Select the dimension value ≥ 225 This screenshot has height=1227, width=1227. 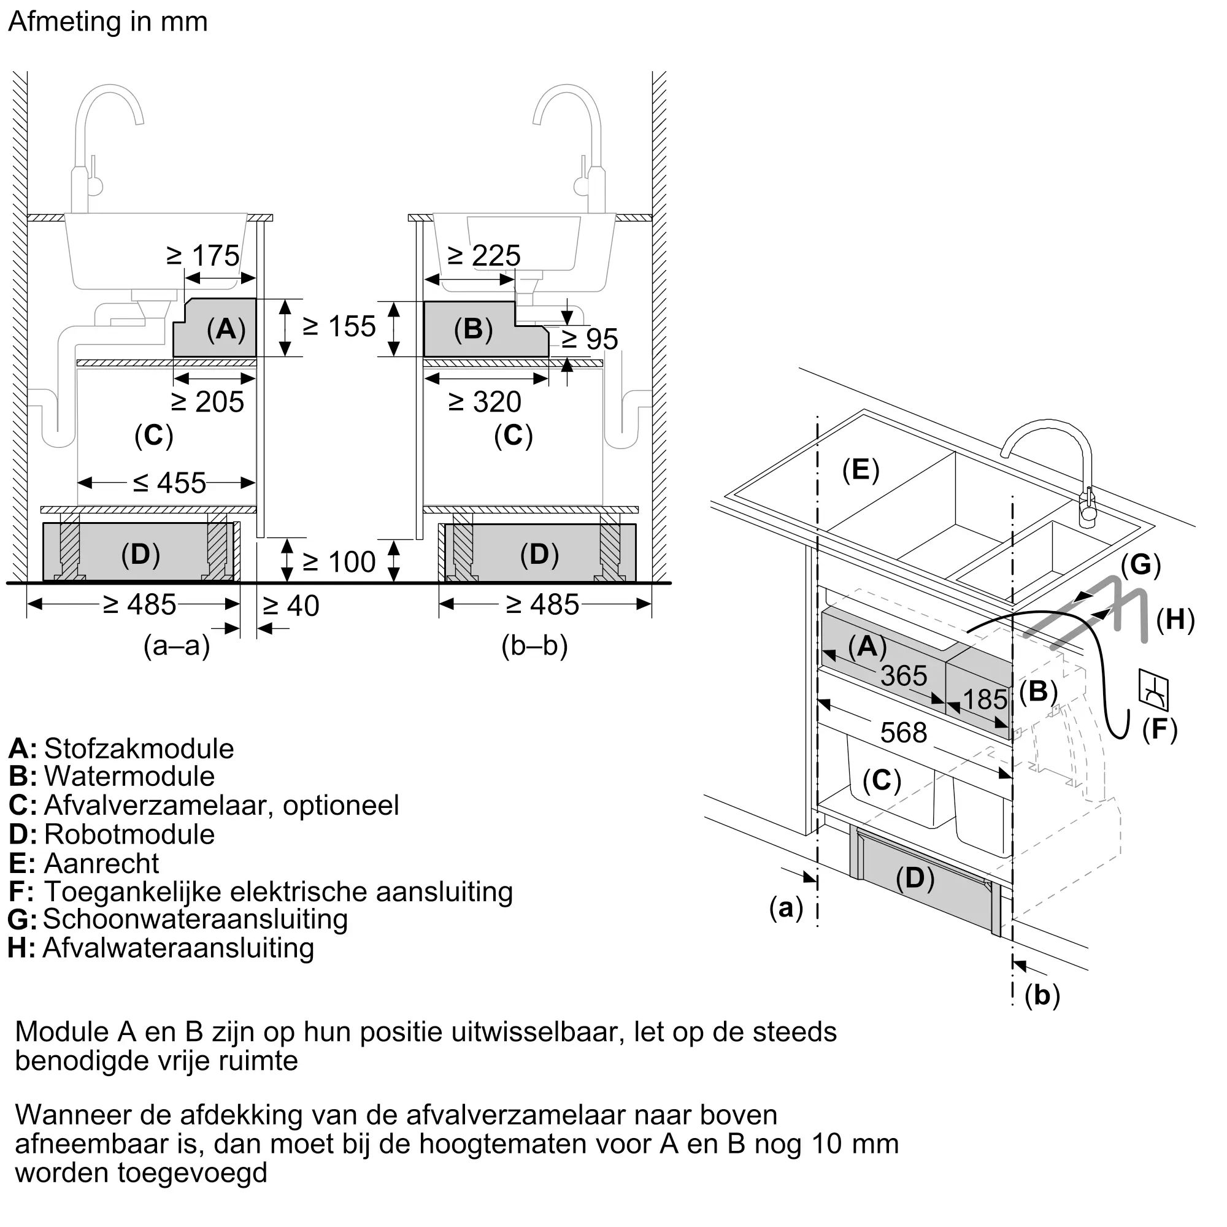pyautogui.click(x=484, y=256)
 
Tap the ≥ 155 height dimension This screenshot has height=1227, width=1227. pyautogui.click(x=339, y=327)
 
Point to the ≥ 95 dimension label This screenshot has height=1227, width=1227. pyautogui.click(x=590, y=339)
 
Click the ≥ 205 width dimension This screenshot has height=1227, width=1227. pyautogui.click(x=208, y=402)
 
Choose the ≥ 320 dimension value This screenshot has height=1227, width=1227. pyautogui.click(x=485, y=402)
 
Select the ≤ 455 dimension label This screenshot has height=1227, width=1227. pyautogui.click(x=169, y=484)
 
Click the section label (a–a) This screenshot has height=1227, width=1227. pyautogui.click(x=177, y=647)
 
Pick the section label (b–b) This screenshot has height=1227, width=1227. pyautogui.click(x=534, y=647)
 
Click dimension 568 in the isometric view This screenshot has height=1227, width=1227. pyautogui.click(x=903, y=734)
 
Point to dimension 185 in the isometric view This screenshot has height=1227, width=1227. pyautogui.click(x=985, y=700)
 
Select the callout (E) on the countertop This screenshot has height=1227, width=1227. pyautogui.click(x=861, y=470)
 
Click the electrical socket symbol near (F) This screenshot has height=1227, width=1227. pyautogui.click(x=1153, y=690)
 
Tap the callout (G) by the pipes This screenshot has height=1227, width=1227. pyautogui.click(x=1140, y=564)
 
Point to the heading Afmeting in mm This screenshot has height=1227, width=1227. pyautogui.click(x=108, y=22)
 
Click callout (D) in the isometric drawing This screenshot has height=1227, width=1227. pyautogui.click(x=915, y=879)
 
